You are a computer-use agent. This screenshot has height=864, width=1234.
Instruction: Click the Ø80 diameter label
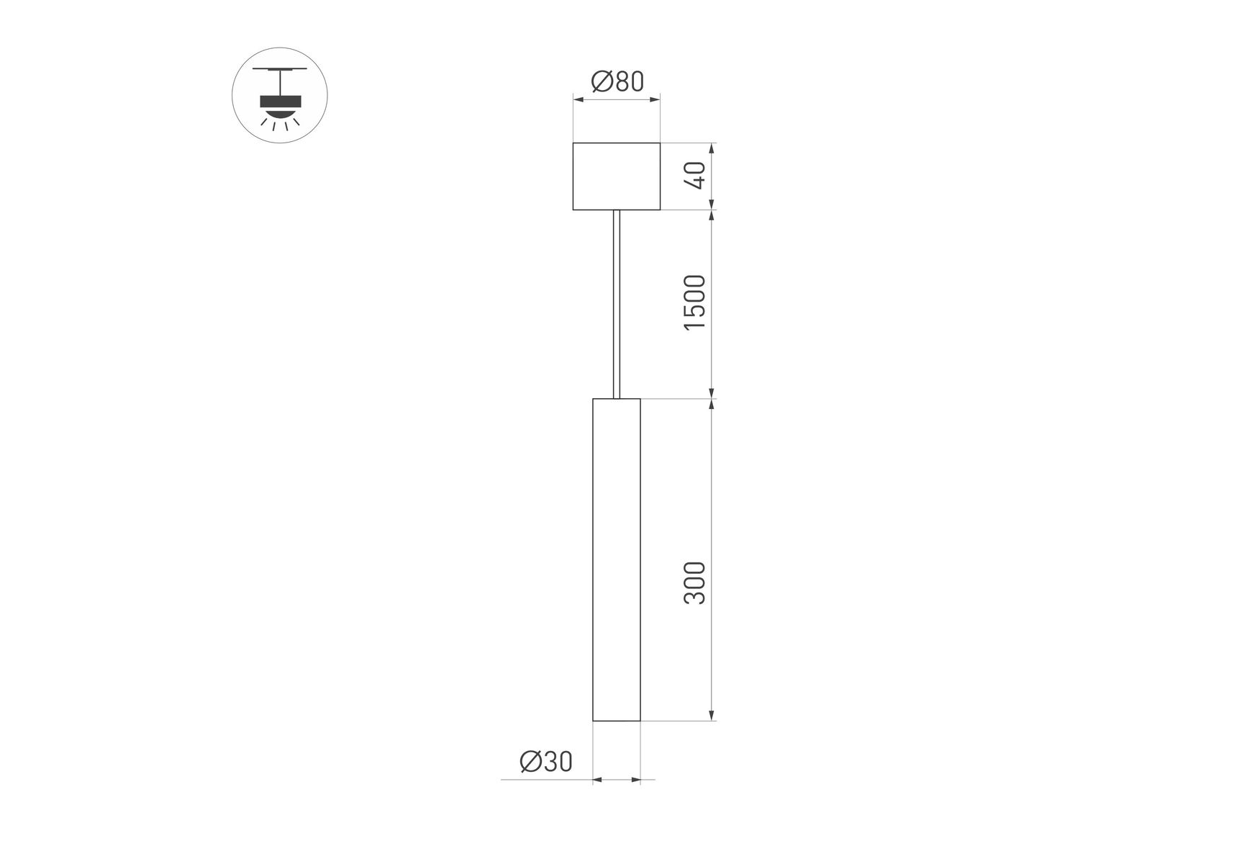[617, 82]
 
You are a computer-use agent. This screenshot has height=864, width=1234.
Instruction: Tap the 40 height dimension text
[696, 176]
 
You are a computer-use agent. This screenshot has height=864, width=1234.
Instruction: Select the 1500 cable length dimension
[696, 302]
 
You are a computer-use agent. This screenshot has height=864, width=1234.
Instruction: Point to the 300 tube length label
[696, 583]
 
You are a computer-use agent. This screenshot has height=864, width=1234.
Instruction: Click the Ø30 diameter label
[546, 761]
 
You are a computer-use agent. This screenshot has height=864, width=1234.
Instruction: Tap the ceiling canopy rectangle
[617, 176]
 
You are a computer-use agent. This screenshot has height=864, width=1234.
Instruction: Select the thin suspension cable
[617, 304]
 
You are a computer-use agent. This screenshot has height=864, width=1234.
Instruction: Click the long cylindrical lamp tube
[617, 559]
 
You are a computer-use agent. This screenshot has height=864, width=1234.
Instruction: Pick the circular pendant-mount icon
[280, 95]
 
